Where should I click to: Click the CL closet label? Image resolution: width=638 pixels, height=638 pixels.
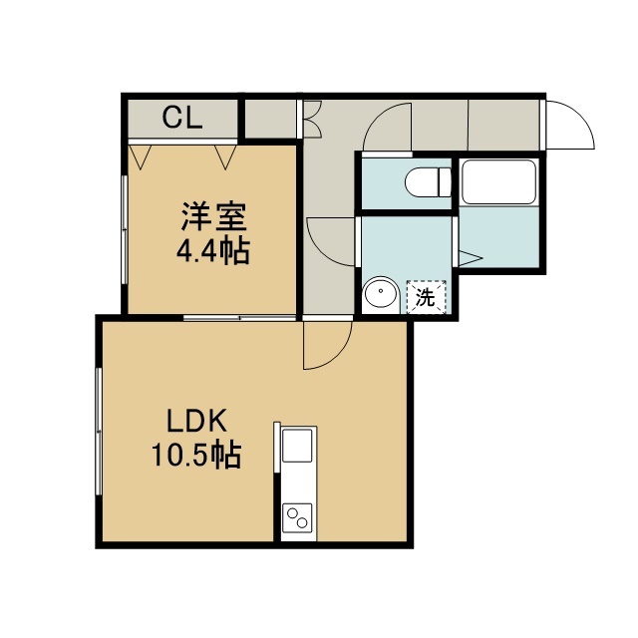[181, 118]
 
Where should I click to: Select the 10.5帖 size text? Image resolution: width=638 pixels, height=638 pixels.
[196, 455]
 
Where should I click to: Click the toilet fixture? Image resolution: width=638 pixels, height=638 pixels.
[428, 182]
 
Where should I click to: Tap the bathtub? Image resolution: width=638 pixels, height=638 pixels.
[498, 181]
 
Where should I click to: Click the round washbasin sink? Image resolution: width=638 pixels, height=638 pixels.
[381, 292]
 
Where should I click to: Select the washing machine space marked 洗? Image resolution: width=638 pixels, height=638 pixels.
[427, 298]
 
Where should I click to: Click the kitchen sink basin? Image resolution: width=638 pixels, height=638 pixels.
[297, 446]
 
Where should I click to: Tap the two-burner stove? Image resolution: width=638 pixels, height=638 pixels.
[297, 517]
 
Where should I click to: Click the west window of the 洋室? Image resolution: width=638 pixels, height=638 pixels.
[125, 230]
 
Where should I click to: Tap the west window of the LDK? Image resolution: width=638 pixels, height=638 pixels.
[98, 432]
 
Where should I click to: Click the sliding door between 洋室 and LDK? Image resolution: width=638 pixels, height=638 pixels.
[239, 317]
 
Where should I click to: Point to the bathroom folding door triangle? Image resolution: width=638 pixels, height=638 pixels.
[471, 258]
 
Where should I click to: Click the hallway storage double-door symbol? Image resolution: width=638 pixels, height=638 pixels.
[313, 119]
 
